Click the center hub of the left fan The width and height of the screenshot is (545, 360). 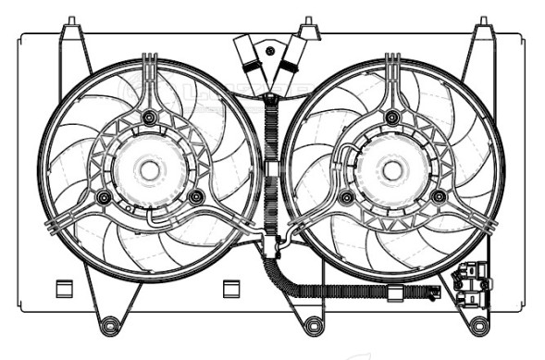pyautogui.click(x=148, y=169)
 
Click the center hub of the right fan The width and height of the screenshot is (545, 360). pyautogui.click(x=391, y=169)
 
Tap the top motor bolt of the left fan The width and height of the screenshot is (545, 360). pyautogui.click(x=148, y=117)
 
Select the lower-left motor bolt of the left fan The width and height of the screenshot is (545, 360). pyautogui.click(x=103, y=197)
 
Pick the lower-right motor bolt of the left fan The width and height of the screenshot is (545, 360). pyautogui.click(x=195, y=196)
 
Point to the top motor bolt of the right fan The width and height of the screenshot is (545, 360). pyautogui.click(x=391, y=117)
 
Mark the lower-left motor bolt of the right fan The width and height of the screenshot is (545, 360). pyautogui.click(x=346, y=197)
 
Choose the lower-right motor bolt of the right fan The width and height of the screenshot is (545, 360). pyautogui.click(x=438, y=196)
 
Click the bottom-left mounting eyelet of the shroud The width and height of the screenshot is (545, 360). pyautogui.click(x=111, y=325)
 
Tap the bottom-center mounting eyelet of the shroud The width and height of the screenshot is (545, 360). pyautogui.click(x=315, y=325)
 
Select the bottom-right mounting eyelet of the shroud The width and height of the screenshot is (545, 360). pyautogui.click(x=477, y=325)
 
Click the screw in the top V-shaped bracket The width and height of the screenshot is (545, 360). pyautogui.click(x=270, y=51)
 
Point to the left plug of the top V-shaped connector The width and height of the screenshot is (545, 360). pyautogui.click(x=250, y=57)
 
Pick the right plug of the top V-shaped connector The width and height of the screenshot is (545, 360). pyautogui.click(x=292, y=57)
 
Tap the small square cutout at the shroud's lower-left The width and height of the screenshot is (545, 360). pyautogui.click(x=64, y=287)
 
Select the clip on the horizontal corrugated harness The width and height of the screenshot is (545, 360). pyautogui.click(x=394, y=295)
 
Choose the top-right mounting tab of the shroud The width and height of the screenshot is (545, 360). pyautogui.click(x=482, y=34)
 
